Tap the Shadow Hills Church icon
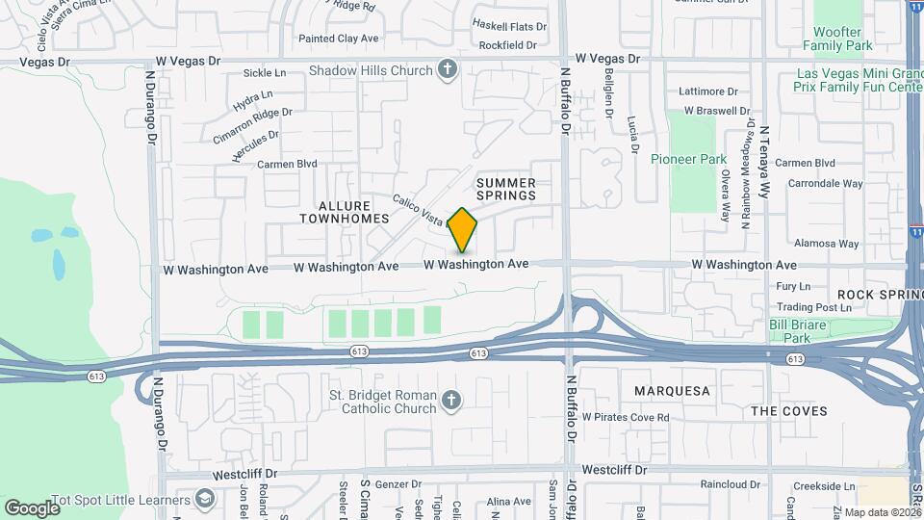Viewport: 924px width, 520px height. point(447,69)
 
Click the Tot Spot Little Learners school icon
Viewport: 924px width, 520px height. point(205,498)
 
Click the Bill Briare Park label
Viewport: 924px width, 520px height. point(797,331)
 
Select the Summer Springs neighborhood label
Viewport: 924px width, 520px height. point(505,189)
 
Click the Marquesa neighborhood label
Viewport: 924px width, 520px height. point(672,391)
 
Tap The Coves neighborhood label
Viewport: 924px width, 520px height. point(788,411)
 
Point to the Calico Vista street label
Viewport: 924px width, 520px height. point(420,210)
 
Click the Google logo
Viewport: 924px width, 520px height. point(32,507)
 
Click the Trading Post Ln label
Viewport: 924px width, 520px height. point(814,307)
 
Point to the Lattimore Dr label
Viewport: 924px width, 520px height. point(707,91)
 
